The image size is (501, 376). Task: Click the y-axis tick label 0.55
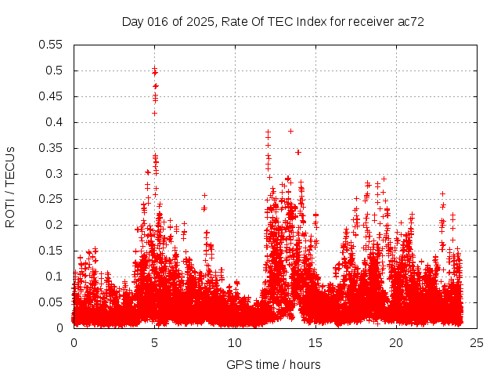pyautogui.click(x=52, y=45)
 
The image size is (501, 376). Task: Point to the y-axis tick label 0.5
pyautogui.click(x=56, y=70)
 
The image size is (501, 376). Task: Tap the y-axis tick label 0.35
pyautogui.click(x=52, y=147)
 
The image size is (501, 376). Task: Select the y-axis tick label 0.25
pyautogui.click(x=52, y=199)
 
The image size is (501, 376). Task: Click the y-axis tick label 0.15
pyautogui.click(x=52, y=251)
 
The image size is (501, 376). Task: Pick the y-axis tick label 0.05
pyautogui.click(x=52, y=302)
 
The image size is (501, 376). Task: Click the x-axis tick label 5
pyautogui.click(x=154, y=342)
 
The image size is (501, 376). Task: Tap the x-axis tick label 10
pyautogui.click(x=235, y=342)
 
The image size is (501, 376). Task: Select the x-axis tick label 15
pyautogui.click(x=315, y=342)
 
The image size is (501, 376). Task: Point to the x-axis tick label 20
pyautogui.click(x=396, y=342)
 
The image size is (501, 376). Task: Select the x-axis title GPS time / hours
pyautogui.click(x=273, y=364)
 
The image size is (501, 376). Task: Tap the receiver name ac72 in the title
pyautogui.click(x=411, y=21)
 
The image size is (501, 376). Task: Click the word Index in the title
pyautogui.click(x=317, y=21)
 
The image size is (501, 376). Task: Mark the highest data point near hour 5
pyautogui.click(x=155, y=69)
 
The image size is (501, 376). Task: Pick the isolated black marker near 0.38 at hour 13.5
pyautogui.click(x=290, y=131)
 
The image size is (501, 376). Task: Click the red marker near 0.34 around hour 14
pyautogui.click(x=297, y=152)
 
